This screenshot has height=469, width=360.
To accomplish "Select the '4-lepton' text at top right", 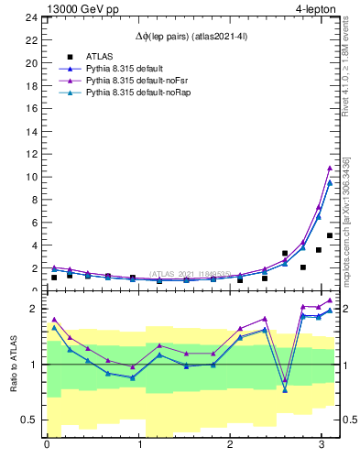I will [317, 8].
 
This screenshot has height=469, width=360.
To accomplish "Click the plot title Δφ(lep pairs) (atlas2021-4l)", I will [191, 36].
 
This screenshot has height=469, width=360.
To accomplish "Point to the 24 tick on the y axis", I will [31, 17].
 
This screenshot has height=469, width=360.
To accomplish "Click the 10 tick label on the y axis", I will [31, 176].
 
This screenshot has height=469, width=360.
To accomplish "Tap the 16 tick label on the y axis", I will [31, 108].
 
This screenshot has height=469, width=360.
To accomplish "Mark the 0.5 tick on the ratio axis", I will [28, 420].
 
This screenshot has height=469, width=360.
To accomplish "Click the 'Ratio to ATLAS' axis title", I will [13, 365].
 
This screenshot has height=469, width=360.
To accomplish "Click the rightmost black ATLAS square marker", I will [329, 235].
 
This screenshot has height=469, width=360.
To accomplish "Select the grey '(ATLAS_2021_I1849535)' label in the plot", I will [190, 274].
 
